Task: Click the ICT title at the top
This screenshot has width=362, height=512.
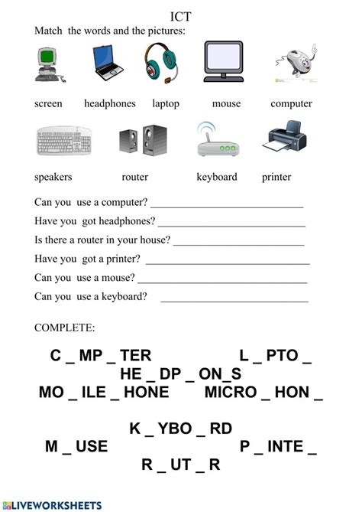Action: point(181,15)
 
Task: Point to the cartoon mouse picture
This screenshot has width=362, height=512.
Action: point(291,64)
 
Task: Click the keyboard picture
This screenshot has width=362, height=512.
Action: point(64,142)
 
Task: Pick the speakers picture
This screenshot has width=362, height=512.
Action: point(137,142)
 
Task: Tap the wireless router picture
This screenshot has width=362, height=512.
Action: point(214,140)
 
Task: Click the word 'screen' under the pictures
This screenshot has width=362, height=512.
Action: point(48,103)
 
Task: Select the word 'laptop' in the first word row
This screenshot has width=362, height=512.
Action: point(165,103)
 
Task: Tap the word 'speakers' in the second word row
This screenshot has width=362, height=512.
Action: point(53,177)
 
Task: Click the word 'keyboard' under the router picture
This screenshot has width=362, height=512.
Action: point(217,177)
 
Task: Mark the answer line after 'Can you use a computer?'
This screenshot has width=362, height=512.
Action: point(227,205)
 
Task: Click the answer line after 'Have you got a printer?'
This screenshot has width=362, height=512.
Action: point(228,261)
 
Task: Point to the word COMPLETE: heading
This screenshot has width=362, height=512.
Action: point(65,328)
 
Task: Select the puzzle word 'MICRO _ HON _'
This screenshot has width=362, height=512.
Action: point(263,393)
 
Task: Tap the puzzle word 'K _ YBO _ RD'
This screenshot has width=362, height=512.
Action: point(180,429)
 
